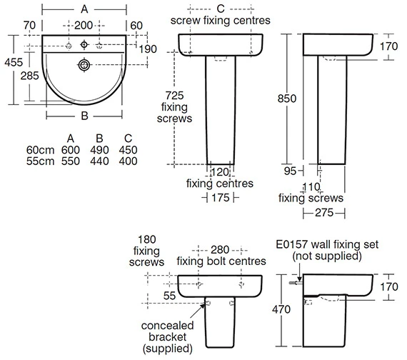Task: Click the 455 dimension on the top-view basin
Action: pos(14,62)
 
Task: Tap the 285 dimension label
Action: pos(29,76)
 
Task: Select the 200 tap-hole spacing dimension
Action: pos(84,26)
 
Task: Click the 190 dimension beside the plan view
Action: pos(148,49)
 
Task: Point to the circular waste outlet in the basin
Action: pos(84,65)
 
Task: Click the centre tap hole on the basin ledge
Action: pos(84,45)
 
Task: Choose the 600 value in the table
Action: pos(71,150)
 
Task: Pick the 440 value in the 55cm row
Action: pos(99,161)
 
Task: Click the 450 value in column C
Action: pos(129,150)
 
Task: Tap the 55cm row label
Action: pos(40,161)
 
